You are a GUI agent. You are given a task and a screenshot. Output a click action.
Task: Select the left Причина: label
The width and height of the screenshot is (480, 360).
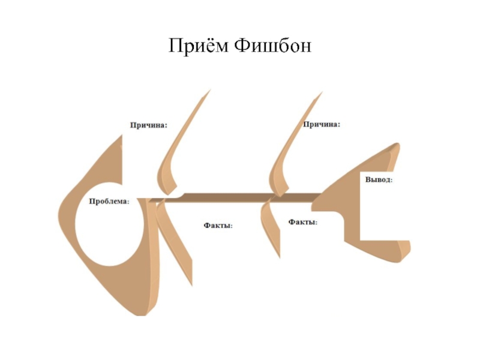(x=149, y=125)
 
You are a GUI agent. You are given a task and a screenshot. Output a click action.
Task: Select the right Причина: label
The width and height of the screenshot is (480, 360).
(x=322, y=124)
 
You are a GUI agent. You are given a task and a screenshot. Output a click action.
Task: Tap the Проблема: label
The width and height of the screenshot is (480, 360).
(x=109, y=202)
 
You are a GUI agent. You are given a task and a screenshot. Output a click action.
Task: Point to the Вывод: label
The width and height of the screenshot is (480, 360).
(x=379, y=179)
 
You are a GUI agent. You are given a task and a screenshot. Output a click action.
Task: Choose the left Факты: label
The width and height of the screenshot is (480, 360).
(x=218, y=226)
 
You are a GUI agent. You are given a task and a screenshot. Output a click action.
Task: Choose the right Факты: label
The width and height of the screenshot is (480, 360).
(x=302, y=222)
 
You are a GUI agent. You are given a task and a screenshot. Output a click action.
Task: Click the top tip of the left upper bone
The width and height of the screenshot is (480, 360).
(x=210, y=91)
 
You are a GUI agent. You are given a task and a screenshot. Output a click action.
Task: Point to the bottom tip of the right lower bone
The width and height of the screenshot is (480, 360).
(x=279, y=257)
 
